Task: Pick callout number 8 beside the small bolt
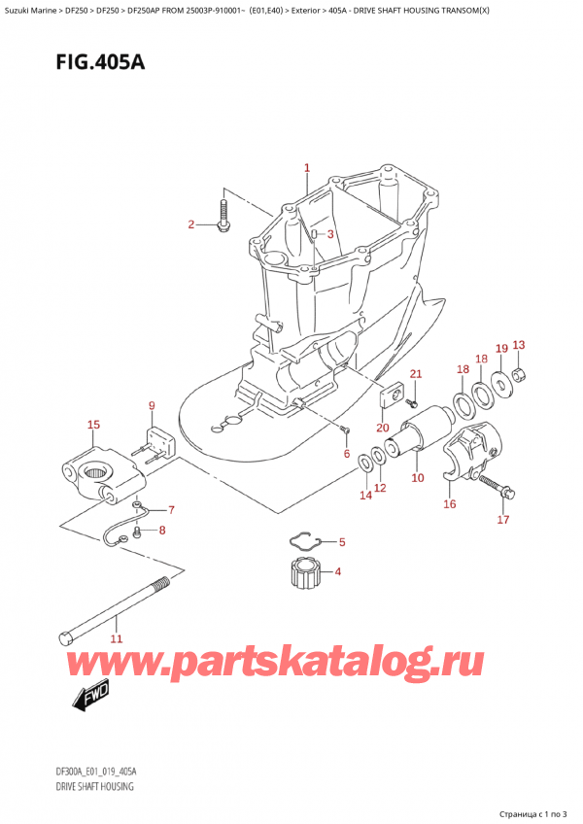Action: (162, 530)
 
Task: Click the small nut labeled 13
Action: (519, 375)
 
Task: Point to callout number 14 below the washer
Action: (364, 496)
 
